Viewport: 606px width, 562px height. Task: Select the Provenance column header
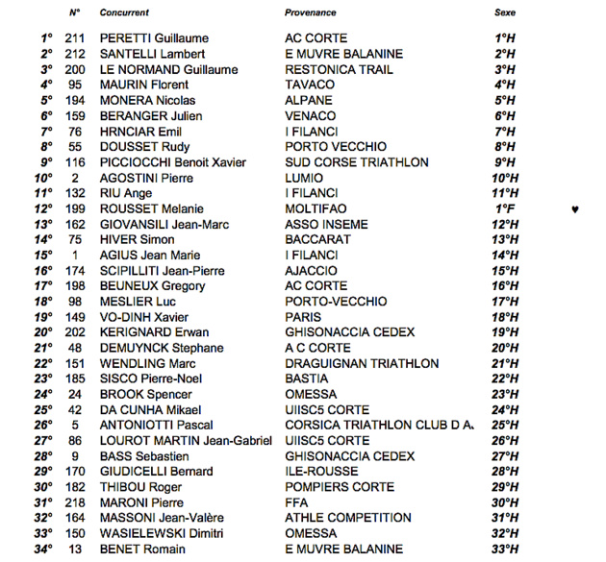311,12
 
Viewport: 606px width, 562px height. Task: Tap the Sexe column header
504,12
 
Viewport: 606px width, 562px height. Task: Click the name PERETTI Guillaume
154,38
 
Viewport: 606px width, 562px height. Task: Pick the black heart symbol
575,208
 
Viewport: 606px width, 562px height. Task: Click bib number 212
75,54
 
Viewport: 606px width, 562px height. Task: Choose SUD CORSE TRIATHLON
357,162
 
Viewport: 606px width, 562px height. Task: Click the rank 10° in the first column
43,178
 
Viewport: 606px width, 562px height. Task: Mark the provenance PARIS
303,317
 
